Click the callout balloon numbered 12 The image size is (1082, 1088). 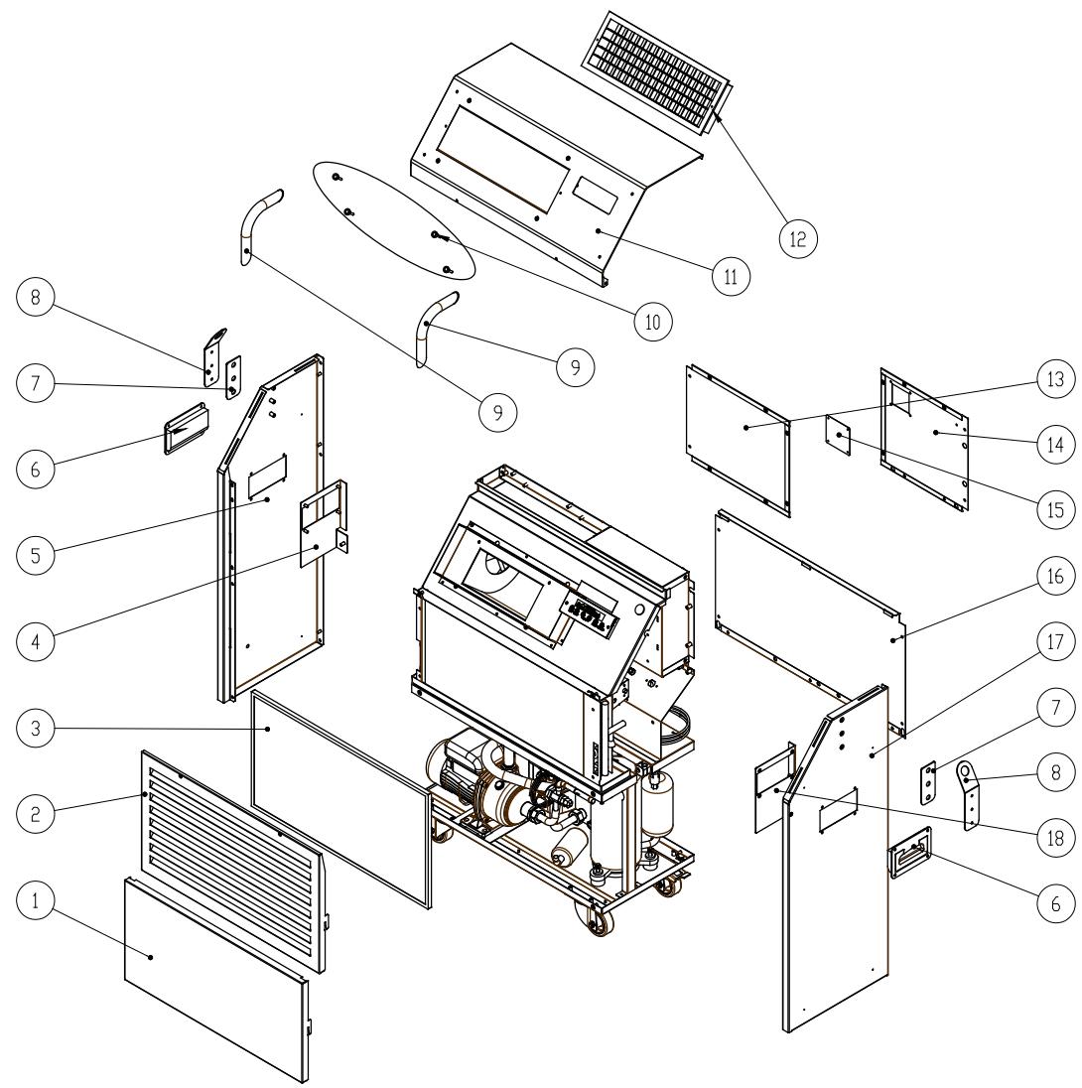coord(798,237)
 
